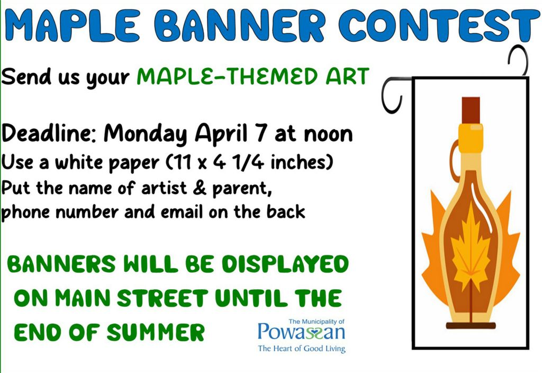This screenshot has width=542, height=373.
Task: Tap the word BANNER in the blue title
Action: (x=240, y=25)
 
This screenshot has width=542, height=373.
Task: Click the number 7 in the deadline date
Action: (x=261, y=133)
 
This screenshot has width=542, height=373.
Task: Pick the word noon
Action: (x=328, y=135)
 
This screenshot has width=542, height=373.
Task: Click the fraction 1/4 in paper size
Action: (x=248, y=162)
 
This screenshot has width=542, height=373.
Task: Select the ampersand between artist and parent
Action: (x=200, y=188)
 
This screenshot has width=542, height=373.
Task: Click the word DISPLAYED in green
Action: (x=285, y=264)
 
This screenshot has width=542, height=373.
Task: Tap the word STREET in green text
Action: (x=162, y=298)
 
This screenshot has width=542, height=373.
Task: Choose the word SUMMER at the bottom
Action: (x=156, y=332)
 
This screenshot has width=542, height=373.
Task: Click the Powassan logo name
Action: (x=301, y=332)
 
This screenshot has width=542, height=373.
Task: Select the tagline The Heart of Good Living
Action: (x=302, y=349)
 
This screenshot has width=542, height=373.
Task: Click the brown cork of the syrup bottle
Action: (x=471, y=110)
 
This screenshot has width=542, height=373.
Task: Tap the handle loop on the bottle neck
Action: (x=454, y=159)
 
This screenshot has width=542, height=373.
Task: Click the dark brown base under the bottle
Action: (x=471, y=325)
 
